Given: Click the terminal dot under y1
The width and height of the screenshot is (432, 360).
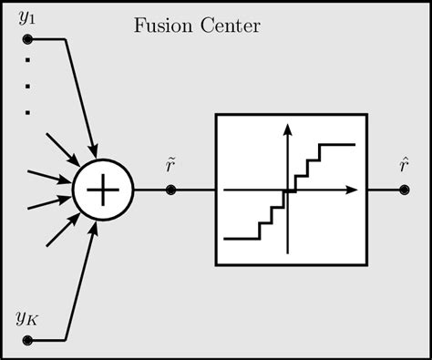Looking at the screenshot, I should click(x=27, y=39).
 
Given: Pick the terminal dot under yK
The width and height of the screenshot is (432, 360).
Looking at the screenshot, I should click(x=27, y=340).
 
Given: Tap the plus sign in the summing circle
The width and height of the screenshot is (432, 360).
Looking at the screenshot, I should click(x=104, y=190).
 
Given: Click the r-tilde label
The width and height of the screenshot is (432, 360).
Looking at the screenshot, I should click(x=170, y=165).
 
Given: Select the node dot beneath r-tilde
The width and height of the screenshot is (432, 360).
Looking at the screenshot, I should click(x=170, y=190).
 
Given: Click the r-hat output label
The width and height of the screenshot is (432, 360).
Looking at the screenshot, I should click(x=404, y=165).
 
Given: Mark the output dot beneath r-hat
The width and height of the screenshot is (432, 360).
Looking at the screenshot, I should click(x=404, y=190).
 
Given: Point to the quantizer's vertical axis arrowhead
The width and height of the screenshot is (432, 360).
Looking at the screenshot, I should click(x=287, y=128).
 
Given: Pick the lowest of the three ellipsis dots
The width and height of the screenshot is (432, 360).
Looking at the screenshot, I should click(x=28, y=112).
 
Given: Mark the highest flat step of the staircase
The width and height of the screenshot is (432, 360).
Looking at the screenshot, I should click(x=336, y=144).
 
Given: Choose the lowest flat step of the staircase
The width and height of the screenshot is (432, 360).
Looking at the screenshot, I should click(x=242, y=238).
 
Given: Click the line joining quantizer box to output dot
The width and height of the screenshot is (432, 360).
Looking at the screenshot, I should click(x=383, y=190).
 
